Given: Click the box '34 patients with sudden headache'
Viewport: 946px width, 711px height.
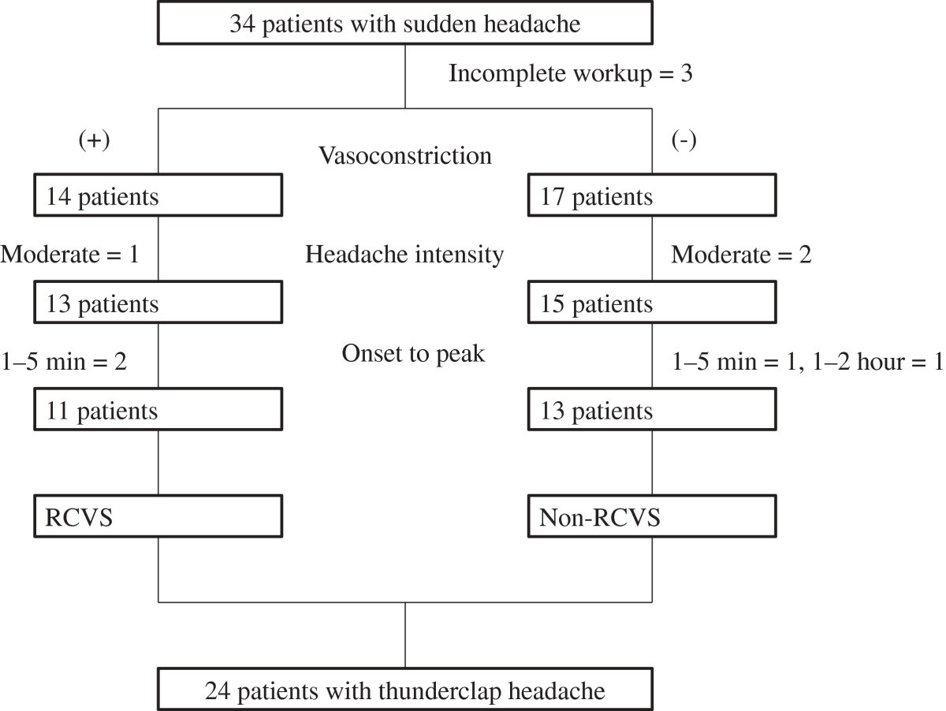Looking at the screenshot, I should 405,24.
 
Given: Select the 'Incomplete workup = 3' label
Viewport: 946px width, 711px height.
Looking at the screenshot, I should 571,74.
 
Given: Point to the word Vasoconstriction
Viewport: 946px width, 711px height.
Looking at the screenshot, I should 405,155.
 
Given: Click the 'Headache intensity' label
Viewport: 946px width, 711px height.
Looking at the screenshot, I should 404,255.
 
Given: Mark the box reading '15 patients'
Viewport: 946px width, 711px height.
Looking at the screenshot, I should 651,303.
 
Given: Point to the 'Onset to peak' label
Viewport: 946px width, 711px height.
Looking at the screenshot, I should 413,354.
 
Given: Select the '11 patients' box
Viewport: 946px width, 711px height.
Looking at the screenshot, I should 157,411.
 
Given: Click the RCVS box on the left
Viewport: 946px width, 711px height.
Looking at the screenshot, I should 157,517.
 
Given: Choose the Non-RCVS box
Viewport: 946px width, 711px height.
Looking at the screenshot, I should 651,517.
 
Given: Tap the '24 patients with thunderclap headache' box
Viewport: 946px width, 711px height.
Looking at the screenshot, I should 405,691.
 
